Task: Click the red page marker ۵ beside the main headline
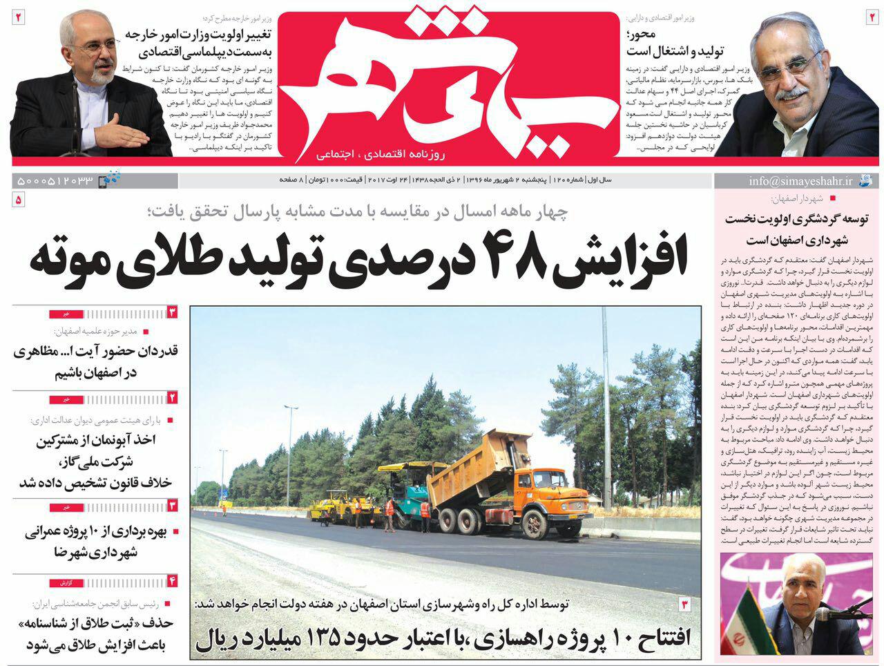click(x=19, y=200)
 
